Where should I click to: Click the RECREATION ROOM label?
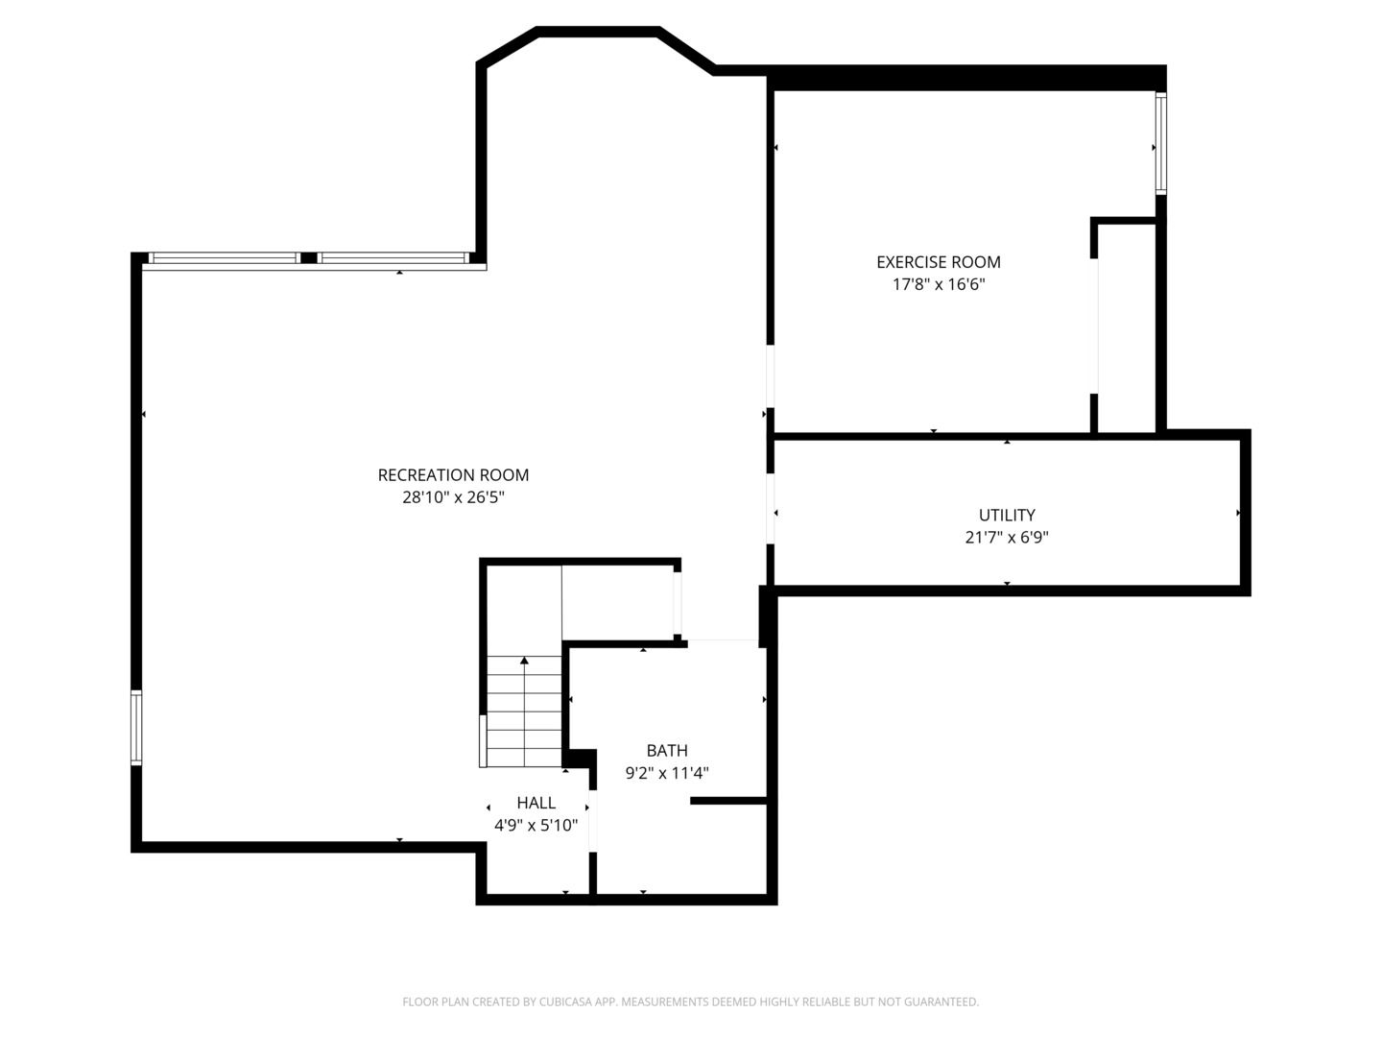point(453,474)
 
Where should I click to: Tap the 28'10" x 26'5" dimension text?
point(453,497)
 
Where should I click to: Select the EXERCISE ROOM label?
point(938,262)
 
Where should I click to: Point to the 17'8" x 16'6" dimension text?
point(938,284)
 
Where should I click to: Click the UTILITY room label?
point(1007,515)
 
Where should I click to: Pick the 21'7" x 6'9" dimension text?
point(1007,538)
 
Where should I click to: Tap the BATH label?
point(667,751)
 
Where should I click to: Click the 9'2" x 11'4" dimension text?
point(667,773)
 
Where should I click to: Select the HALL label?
point(536,803)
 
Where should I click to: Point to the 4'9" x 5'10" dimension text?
point(536,826)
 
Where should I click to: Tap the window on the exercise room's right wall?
point(1161,144)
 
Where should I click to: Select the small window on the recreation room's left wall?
point(136,728)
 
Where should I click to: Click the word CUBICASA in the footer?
point(564,1001)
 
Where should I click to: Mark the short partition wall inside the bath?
point(728,801)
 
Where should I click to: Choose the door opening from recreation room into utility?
point(770,509)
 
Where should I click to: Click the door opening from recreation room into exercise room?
point(770,375)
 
